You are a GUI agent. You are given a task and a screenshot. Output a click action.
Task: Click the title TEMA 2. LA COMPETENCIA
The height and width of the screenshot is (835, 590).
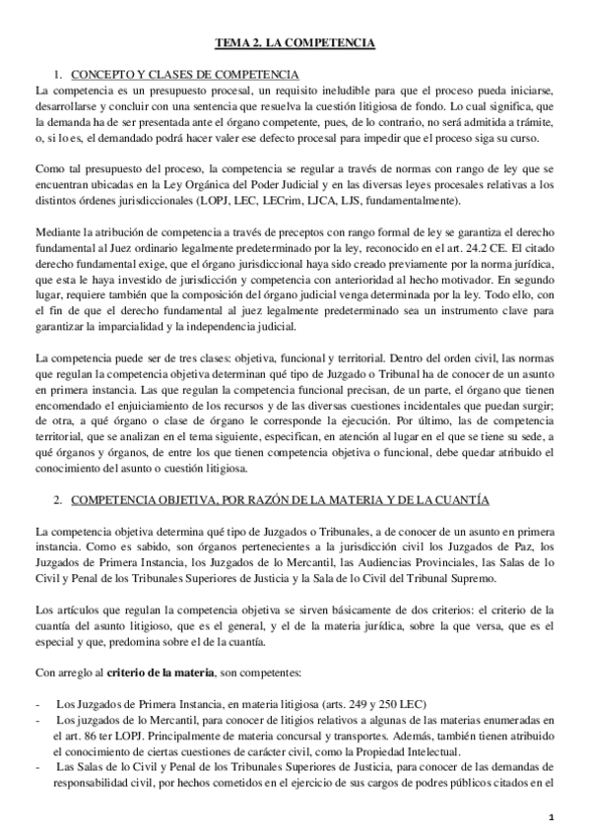tap(295, 43)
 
